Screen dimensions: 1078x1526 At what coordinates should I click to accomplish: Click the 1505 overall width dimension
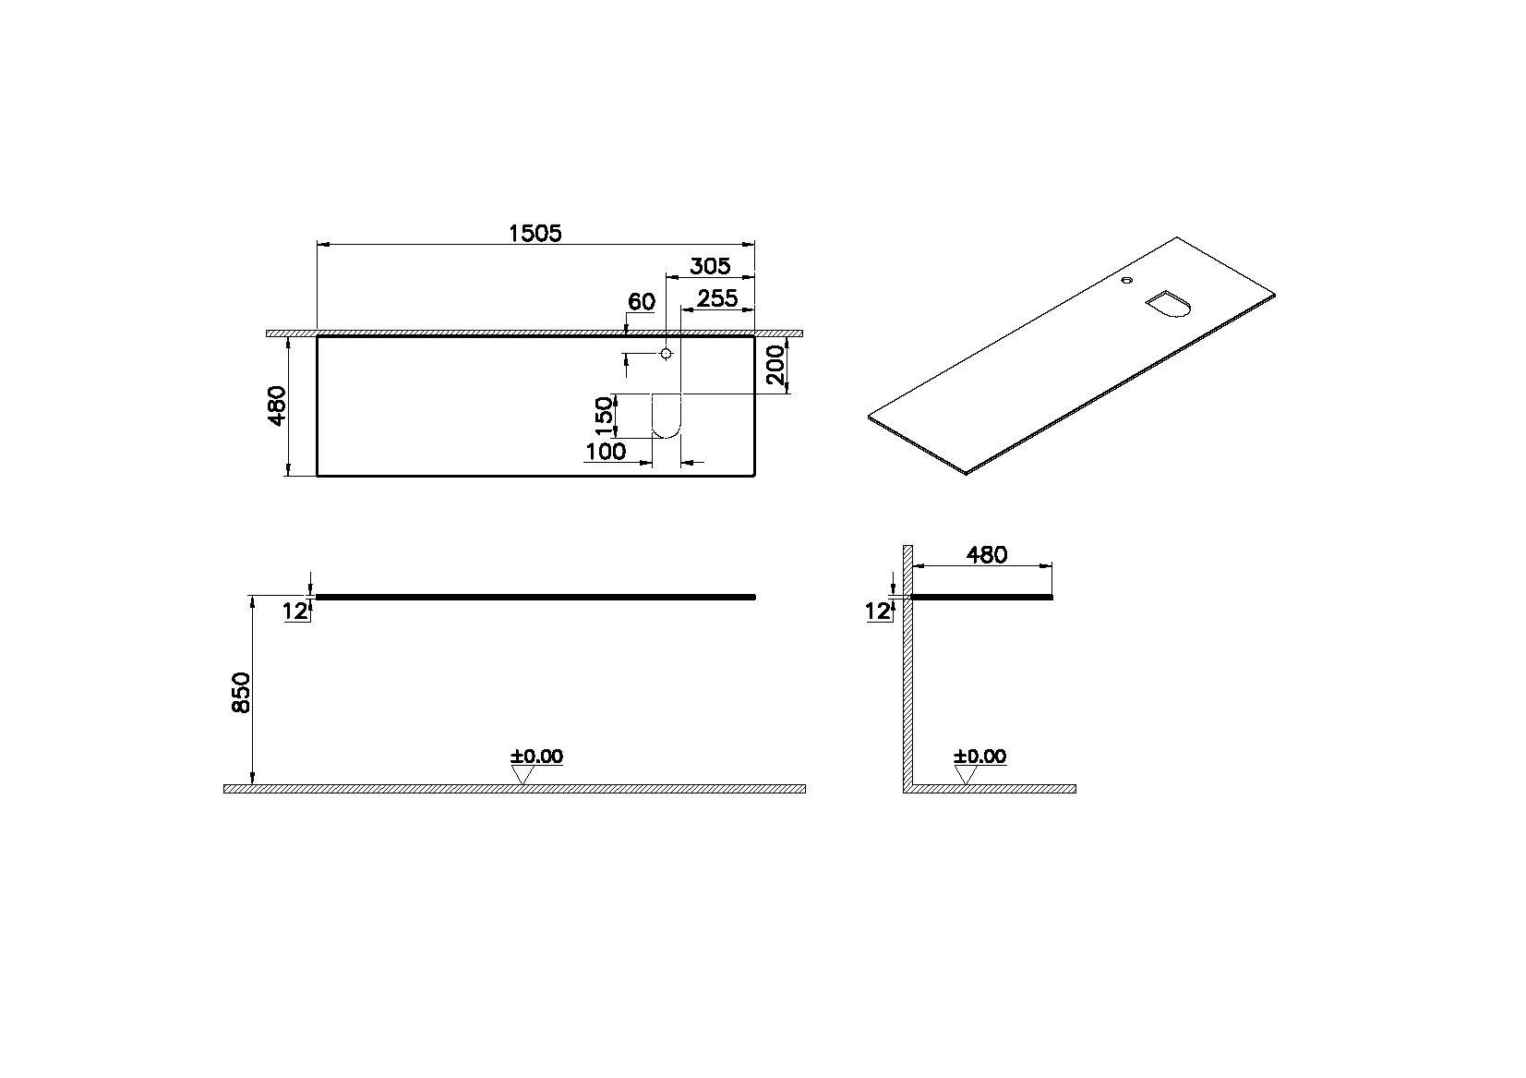[x=535, y=234]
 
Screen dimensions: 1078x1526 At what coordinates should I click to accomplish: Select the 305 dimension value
[x=710, y=267]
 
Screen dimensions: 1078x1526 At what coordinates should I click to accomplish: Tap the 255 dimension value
[x=716, y=298]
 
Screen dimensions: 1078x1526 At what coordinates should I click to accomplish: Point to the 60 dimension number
[x=641, y=302]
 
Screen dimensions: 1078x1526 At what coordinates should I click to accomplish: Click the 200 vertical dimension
[x=776, y=365]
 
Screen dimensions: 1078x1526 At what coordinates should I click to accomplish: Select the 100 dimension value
[x=606, y=452]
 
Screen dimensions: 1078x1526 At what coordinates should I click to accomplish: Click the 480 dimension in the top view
[x=277, y=406]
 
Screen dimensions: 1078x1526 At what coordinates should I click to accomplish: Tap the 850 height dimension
[x=240, y=692]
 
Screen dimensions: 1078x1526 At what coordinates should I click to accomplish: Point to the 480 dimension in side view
[x=986, y=555]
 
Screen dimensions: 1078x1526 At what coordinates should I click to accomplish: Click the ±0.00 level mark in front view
[x=536, y=757]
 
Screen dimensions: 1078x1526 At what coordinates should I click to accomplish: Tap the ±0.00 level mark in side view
[x=979, y=757]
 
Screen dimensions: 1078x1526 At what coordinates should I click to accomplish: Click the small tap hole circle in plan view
[x=667, y=354]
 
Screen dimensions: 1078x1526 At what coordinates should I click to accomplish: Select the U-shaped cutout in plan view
[x=667, y=415]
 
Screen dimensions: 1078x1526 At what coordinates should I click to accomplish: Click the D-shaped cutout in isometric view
[x=1169, y=304]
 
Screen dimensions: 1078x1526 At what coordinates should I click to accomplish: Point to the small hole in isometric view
[x=1126, y=280]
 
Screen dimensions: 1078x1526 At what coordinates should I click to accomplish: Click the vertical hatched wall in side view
[x=907, y=665]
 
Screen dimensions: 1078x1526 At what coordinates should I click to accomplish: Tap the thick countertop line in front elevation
[x=535, y=598]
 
